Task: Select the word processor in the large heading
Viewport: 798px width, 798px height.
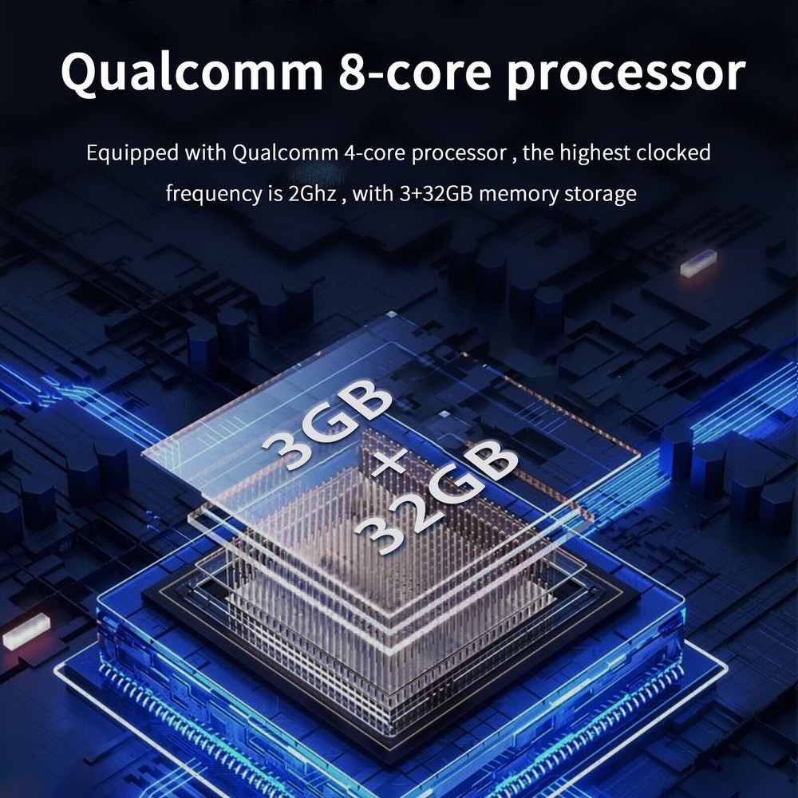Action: click(x=626, y=74)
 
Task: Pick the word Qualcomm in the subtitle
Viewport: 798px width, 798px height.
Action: click(x=285, y=152)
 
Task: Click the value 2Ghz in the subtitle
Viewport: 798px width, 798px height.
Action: click(x=312, y=194)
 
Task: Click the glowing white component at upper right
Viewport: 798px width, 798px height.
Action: click(x=698, y=263)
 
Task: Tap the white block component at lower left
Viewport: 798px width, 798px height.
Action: click(x=26, y=631)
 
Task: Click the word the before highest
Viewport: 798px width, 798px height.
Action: click(x=539, y=152)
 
